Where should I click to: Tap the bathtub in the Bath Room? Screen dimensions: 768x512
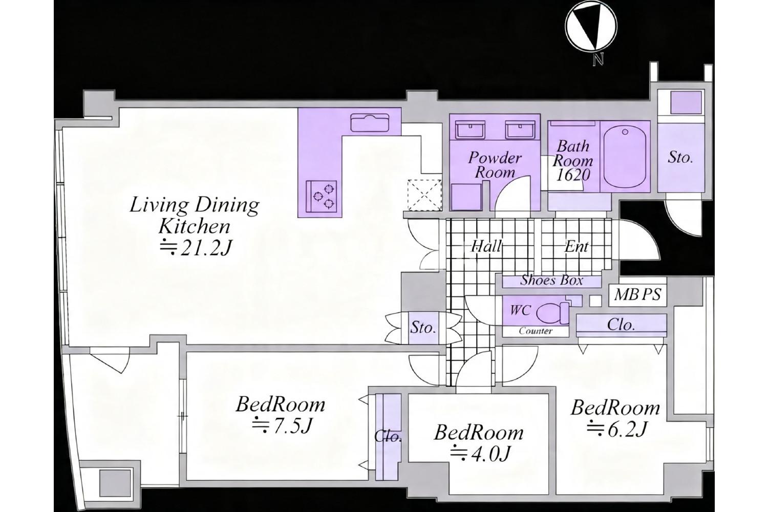click(625, 156)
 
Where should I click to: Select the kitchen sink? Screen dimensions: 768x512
click(370, 123)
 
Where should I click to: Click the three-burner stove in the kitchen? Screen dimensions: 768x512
click(321, 196)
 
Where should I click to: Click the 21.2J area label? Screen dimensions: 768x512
click(195, 248)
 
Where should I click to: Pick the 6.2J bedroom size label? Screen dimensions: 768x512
click(617, 429)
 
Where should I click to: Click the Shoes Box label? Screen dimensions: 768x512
click(551, 281)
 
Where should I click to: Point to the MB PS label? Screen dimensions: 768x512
click(637, 294)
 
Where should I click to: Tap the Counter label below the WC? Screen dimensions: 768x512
click(535, 331)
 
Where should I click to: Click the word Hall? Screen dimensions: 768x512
click(486, 247)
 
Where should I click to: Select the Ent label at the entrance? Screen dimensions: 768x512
click(577, 247)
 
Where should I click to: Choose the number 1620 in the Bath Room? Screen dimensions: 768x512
click(572, 175)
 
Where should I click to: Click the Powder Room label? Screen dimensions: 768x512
click(495, 165)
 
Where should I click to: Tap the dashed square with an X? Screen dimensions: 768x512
click(424, 195)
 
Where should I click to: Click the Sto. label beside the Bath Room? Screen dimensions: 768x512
click(680, 158)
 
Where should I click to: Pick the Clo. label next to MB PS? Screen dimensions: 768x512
click(621, 324)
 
